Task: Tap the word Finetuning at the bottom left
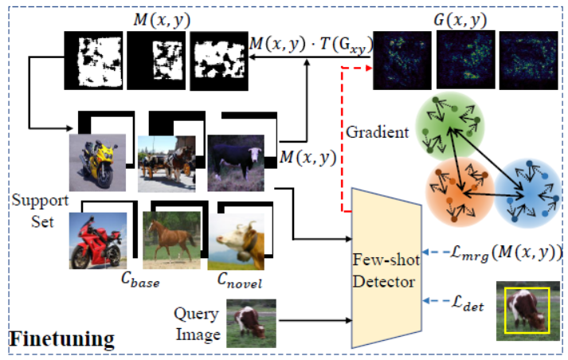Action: coord(61,338)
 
